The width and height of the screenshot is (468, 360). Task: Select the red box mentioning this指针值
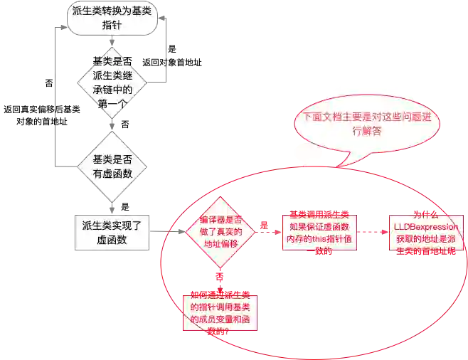pos(319,231)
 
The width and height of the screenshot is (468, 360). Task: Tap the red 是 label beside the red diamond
pos(264,225)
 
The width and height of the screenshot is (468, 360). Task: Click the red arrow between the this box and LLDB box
pos(371,231)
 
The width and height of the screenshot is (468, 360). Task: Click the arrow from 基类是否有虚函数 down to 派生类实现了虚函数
pos(112,203)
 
